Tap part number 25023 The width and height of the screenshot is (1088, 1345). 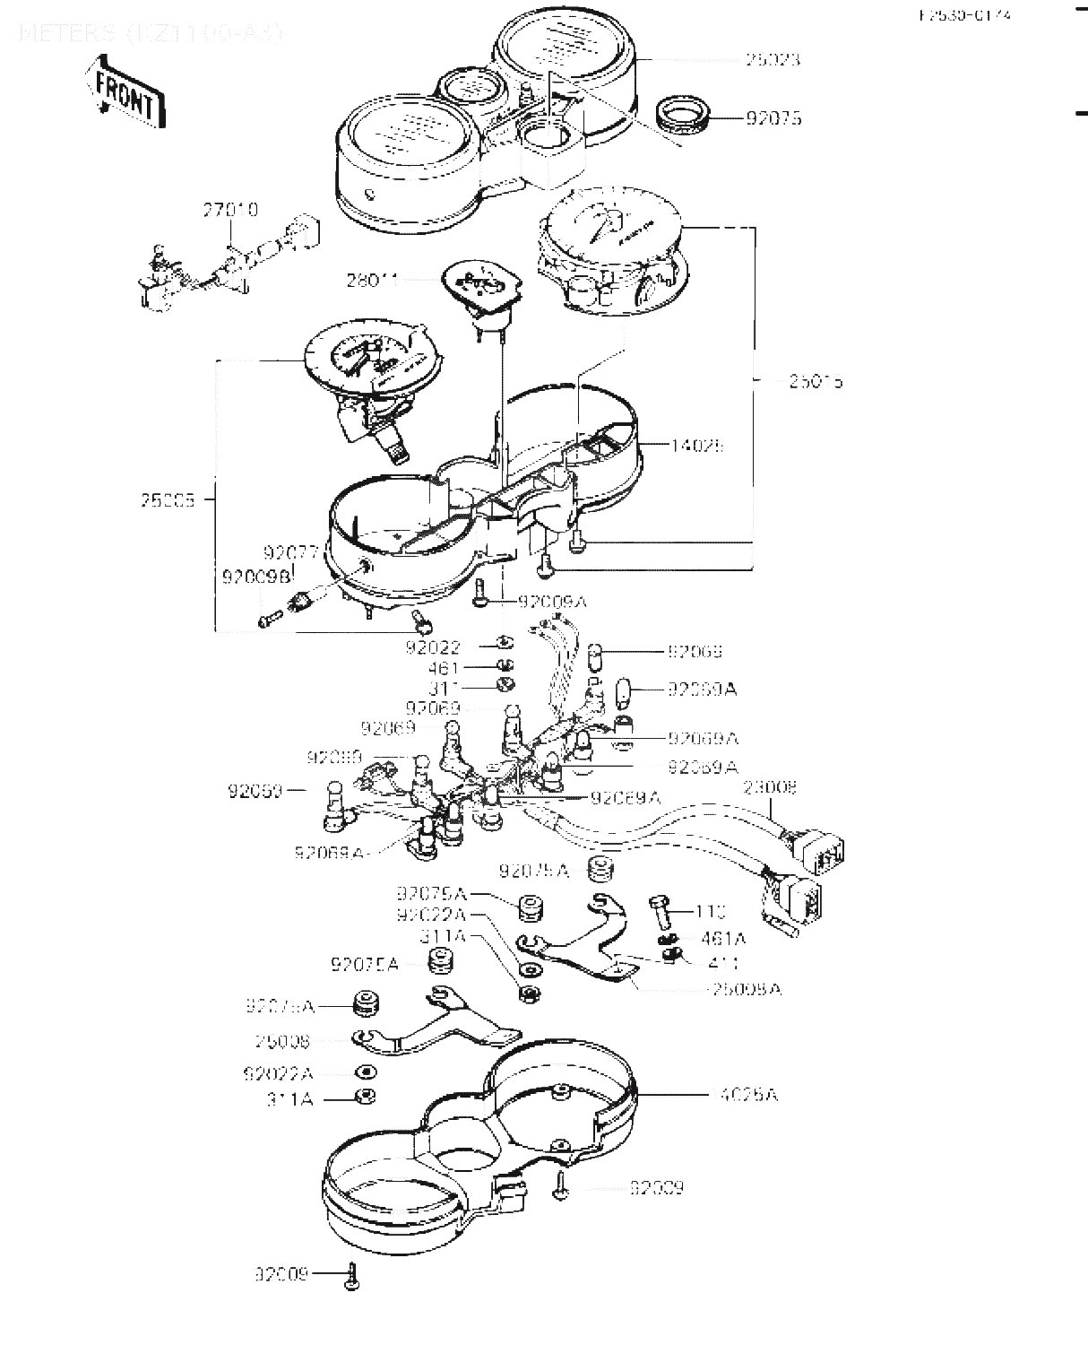[x=773, y=60]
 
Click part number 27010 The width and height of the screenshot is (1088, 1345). [x=229, y=210]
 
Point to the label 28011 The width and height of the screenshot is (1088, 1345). [x=372, y=280]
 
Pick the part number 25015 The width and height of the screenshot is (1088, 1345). [x=816, y=382]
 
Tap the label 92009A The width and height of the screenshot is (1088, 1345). [x=550, y=602]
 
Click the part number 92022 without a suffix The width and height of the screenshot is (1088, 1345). [x=433, y=647]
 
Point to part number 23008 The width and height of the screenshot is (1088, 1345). [x=771, y=788]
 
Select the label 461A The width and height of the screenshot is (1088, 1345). [x=723, y=939]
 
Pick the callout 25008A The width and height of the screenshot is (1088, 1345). [x=745, y=989]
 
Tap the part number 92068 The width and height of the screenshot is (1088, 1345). [x=695, y=652]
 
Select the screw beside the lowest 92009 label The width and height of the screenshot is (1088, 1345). [x=352, y=1275]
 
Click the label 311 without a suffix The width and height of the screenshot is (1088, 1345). [x=445, y=688]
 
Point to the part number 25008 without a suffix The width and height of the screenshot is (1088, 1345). [x=282, y=1041]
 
